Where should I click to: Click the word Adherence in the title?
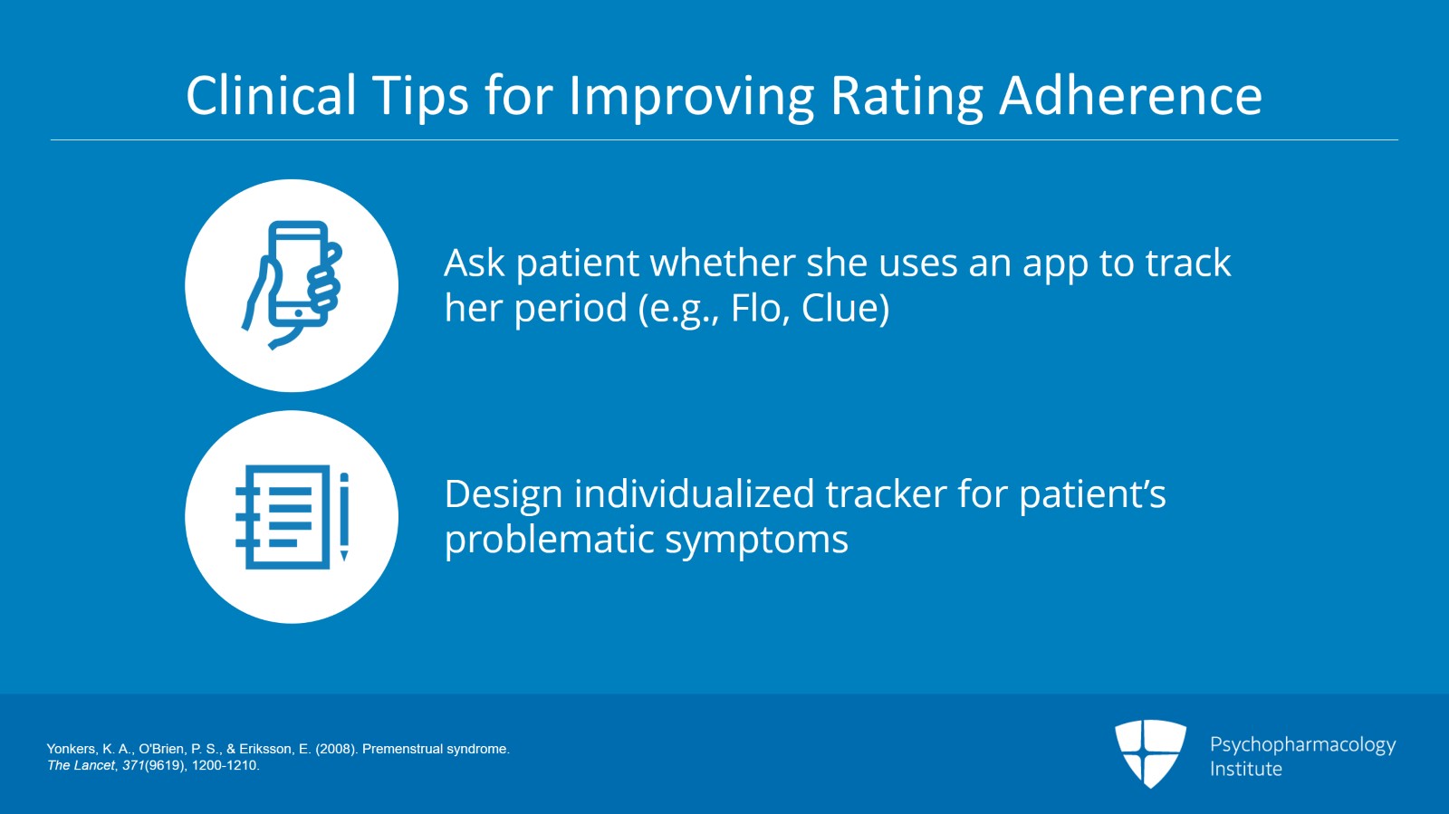pos(1130,95)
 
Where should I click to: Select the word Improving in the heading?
pos(690,97)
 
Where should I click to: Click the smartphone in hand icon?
pos(292,284)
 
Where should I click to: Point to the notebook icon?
pos(283,517)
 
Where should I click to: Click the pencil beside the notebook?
pos(344,517)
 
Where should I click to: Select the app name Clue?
pos(841,308)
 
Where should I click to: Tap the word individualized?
pos(694,494)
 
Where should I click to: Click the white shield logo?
pos(1150,753)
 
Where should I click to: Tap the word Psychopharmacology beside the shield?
pos(1303,745)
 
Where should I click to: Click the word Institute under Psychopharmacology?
pos(1246,769)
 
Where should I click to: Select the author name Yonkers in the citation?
pos(72,749)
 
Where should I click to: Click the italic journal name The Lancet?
pos(81,765)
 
